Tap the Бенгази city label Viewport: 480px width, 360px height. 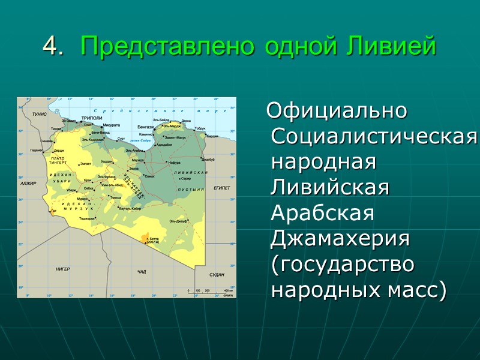pyautogui.click(x=145, y=127)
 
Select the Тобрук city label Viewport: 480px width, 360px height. pyautogui.click(x=200, y=128)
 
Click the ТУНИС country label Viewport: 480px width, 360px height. pyautogui.click(x=40, y=114)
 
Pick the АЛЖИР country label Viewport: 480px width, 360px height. pyautogui.click(x=28, y=183)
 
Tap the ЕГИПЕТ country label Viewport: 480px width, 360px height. pyautogui.click(x=221, y=188)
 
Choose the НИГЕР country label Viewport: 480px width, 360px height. pyautogui.click(x=63, y=269)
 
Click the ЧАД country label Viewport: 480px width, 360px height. pyautogui.click(x=142, y=272)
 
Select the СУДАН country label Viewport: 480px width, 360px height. pyautogui.click(x=217, y=274)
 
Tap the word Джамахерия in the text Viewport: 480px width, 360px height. pyautogui.click(x=340, y=238)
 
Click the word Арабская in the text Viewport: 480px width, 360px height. pyautogui.click(x=323, y=213)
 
